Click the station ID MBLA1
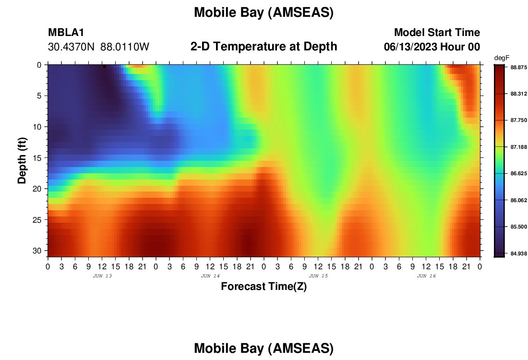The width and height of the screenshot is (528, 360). tap(66, 32)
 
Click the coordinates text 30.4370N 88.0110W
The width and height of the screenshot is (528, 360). tap(98, 47)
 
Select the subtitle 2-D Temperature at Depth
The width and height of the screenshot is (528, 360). tap(264, 47)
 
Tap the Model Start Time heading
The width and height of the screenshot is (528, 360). tap(437, 32)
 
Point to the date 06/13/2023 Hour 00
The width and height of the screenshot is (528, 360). tap(432, 47)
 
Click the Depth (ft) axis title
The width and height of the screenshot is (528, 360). tap(22, 160)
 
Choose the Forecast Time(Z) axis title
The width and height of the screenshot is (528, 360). tap(264, 286)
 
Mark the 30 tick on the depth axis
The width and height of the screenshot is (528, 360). tap(37, 251)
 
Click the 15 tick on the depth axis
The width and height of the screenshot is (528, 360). tap(37, 157)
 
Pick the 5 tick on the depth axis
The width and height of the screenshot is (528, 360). tap(39, 96)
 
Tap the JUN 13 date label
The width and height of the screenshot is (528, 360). tap(102, 276)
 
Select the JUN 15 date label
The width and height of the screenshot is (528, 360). tap(318, 276)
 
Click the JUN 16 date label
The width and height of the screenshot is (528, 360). tap(426, 276)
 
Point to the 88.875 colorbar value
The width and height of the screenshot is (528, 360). tap(518, 67)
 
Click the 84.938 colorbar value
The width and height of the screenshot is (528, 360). tap(518, 253)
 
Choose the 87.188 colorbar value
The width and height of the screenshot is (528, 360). tap(518, 147)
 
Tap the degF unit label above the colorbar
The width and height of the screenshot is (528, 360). tap(502, 58)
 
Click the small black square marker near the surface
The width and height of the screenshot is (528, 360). tap(104, 66)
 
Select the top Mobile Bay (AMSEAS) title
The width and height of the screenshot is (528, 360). tap(264, 12)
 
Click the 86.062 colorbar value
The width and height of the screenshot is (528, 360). tap(518, 200)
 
